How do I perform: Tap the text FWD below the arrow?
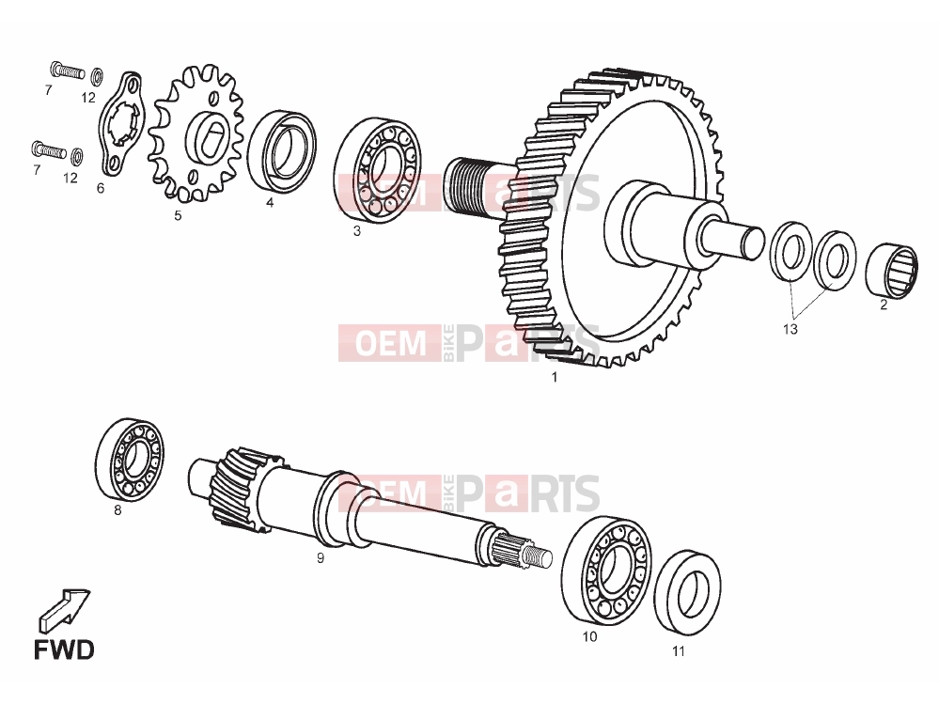click(x=64, y=650)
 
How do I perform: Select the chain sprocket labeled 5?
click(x=196, y=133)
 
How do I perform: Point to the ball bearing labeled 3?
click(x=377, y=170)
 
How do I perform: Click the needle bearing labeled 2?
click(x=892, y=270)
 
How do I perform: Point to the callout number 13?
click(x=790, y=329)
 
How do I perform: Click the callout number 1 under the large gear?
click(x=555, y=377)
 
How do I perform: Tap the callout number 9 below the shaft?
click(x=321, y=558)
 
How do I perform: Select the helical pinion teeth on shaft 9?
click(x=238, y=488)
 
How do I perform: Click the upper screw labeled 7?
click(x=67, y=70)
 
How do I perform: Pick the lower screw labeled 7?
click(x=49, y=149)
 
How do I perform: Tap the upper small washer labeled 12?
click(x=97, y=77)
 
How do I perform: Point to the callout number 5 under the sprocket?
click(x=178, y=215)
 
